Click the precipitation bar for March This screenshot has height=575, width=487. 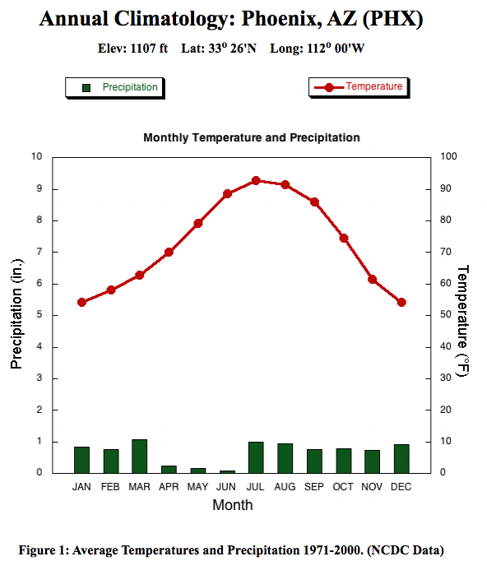[x=140, y=457]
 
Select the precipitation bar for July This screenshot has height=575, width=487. [x=256, y=457]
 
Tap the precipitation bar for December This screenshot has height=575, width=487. [x=401, y=459]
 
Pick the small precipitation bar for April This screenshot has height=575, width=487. [x=169, y=469]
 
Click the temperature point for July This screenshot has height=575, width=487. [x=256, y=180]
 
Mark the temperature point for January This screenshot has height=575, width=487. [x=81, y=302]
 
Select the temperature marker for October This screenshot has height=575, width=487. [x=344, y=238]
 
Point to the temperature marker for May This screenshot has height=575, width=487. [x=198, y=223]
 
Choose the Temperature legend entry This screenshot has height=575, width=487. [x=359, y=86]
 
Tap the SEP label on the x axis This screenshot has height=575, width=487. [x=314, y=487]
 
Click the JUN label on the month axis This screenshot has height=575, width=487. [x=227, y=487]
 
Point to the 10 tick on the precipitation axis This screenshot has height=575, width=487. [x=36, y=156]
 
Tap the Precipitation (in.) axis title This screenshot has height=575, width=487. [x=16, y=313]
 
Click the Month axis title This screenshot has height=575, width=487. [x=233, y=505]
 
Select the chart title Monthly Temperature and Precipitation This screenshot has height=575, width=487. [x=251, y=137]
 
